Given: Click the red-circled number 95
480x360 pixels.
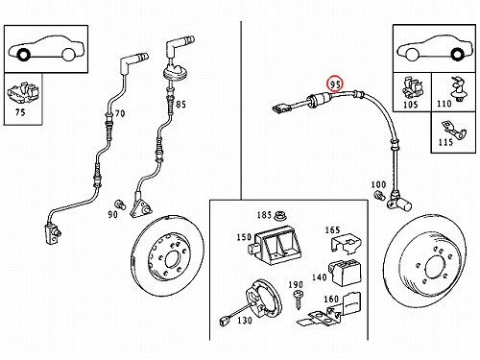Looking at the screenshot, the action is click(335, 84).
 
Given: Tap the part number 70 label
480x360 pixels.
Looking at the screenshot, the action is click(120, 113).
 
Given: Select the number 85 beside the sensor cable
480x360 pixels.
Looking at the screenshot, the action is click(180, 104).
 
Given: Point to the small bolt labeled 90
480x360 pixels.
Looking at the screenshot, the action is click(119, 204).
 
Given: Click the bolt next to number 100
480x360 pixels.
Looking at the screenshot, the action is click(380, 195).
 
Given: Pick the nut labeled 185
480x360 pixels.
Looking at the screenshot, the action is click(280, 216).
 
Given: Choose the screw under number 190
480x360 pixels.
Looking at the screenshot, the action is click(299, 300).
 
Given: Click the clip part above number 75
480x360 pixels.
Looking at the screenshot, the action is click(23, 93).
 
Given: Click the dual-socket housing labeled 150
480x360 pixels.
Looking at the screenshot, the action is click(275, 246).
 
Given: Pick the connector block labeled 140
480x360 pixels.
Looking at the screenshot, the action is click(345, 273).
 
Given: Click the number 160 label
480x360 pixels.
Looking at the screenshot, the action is click(331, 300).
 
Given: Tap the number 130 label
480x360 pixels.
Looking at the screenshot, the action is click(245, 320).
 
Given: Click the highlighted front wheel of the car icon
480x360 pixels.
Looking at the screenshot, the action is click(23, 55).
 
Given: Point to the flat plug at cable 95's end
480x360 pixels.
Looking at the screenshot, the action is click(279, 108).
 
